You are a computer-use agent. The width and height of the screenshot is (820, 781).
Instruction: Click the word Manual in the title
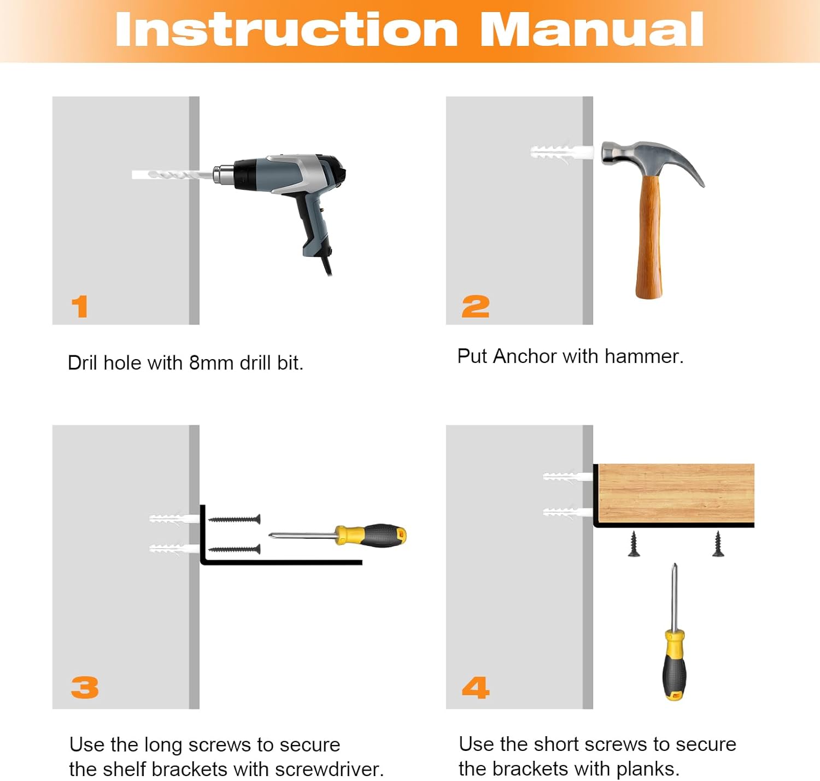(x=592, y=29)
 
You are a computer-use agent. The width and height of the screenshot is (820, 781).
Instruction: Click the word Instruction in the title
(x=287, y=29)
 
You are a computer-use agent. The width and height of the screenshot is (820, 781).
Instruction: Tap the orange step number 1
(x=80, y=307)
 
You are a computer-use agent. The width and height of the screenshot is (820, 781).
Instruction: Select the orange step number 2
(x=476, y=307)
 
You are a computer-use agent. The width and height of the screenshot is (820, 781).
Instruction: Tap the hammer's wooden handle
(x=649, y=237)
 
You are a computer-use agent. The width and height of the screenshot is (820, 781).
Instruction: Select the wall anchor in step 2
(x=562, y=152)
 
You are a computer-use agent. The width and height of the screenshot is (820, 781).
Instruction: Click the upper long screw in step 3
(x=235, y=519)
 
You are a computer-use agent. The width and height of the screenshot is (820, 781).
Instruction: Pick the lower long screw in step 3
(x=235, y=549)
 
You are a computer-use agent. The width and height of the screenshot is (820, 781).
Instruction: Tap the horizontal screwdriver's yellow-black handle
(x=371, y=536)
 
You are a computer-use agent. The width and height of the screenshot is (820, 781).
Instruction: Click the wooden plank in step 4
(x=676, y=493)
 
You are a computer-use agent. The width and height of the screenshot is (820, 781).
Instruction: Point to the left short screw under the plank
(x=634, y=544)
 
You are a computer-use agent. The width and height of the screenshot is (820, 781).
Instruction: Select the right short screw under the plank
(x=718, y=544)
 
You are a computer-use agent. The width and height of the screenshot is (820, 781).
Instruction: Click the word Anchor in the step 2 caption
(x=525, y=356)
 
